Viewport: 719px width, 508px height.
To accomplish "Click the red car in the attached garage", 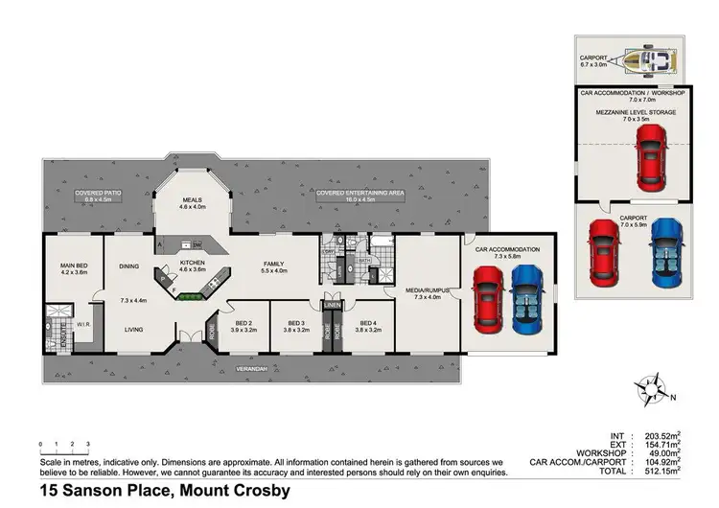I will coord(488,298).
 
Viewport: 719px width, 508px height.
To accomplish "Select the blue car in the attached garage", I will coord(526,298).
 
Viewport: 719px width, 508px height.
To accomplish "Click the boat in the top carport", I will coord(651,62).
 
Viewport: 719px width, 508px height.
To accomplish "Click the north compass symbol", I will coord(653,393).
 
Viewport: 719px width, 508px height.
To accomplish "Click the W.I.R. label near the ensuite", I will coord(82,310).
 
